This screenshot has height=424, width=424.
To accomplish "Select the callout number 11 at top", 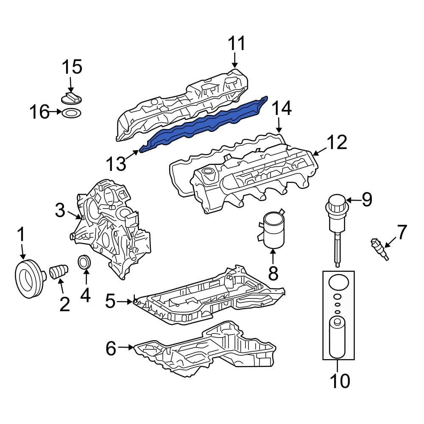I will pos(237,44).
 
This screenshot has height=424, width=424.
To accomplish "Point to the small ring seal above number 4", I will pos(85,262).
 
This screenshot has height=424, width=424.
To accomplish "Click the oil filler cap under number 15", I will pos(71,98).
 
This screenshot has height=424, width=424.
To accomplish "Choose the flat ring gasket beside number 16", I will pos(71,113).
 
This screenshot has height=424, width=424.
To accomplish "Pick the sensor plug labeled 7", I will pos(379,248).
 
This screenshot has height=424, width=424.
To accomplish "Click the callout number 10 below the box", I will pos(340,381).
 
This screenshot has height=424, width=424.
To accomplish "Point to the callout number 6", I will pos(110,349).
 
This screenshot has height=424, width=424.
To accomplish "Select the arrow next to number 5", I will pos(126,301).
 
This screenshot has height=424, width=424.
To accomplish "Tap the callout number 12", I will pos(337,143).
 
